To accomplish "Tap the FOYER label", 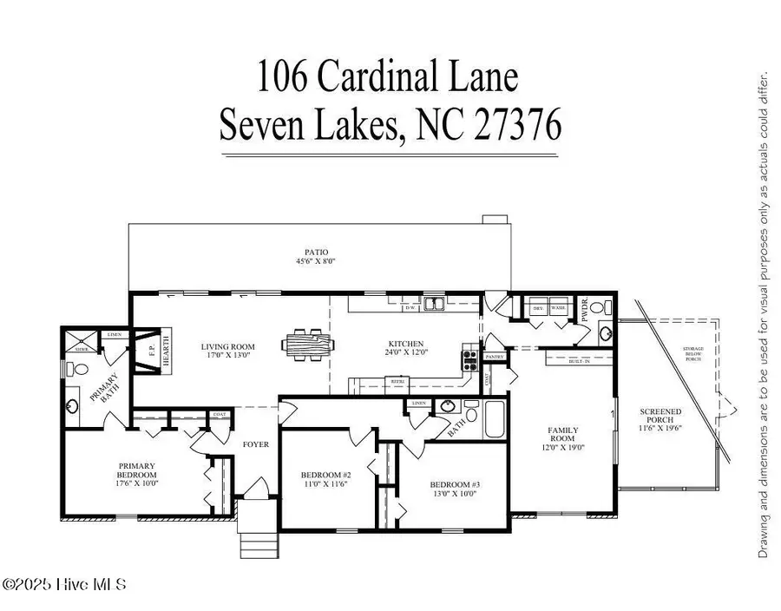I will pos(256,444).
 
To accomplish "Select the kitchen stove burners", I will pos(471,354).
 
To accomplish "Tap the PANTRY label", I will pos(496,357).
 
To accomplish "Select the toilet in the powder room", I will pos(607,309).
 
